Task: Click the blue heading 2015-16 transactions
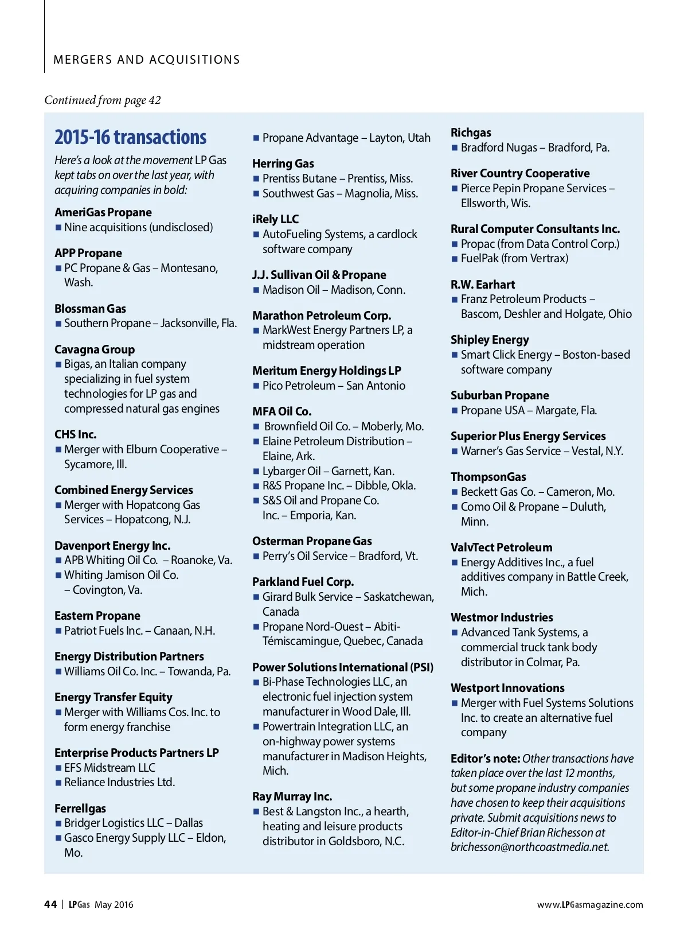point(130,138)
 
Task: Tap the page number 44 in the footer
point(50,904)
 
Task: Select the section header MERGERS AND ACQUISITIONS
point(147,60)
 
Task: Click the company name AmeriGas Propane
point(103,212)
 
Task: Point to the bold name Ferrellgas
point(80,808)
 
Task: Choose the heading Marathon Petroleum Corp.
point(322,316)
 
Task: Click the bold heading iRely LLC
point(275,219)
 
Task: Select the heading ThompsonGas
point(488,477)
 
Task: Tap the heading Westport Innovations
point(507,688)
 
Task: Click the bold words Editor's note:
point(485,759)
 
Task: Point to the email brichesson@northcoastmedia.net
point(530,847)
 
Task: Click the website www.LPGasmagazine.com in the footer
point(590,905)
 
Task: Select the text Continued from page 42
point(103,100)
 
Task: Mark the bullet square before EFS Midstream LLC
point(58,768)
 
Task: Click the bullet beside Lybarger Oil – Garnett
point(256,471)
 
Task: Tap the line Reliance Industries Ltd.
point(119,782)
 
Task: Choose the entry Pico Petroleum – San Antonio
point(334,386)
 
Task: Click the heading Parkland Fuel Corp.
point(303,582)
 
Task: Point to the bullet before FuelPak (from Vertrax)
point(455,259)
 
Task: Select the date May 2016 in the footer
point(114,905)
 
